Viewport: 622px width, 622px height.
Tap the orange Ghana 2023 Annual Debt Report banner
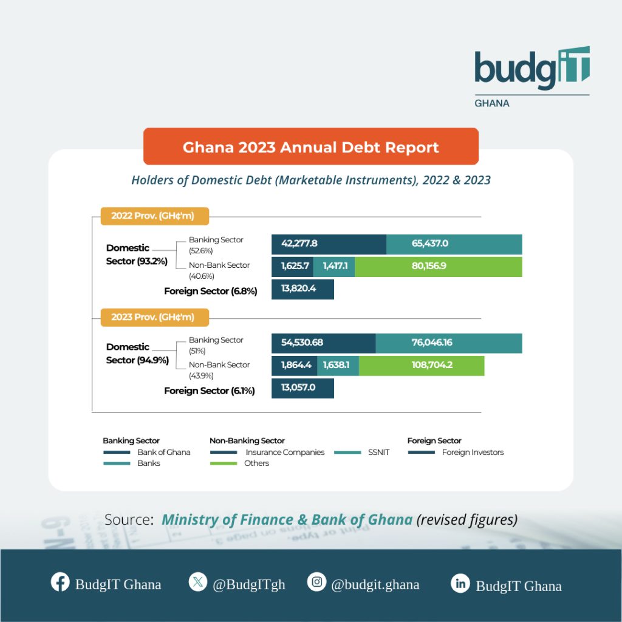click(310, 146)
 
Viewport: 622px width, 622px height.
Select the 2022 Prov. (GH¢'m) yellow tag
click(155, 216)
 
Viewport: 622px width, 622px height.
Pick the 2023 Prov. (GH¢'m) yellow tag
click(155, 317)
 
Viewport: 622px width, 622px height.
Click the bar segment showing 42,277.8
click(329, 244)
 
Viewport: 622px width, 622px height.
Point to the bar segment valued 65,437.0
click(454, 244)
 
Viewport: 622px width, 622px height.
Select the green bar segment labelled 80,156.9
click(439, 267)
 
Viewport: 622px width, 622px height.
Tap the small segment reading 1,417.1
click(334, 267)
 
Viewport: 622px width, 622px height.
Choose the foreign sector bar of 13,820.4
click(302, 289)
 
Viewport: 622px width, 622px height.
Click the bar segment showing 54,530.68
click(324, 343)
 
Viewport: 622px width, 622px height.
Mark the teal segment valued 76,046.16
click(449, 343)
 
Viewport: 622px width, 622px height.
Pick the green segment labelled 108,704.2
click(422, 366)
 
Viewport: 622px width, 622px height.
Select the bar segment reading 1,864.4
click(295, 366)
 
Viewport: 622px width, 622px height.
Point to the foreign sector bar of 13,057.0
click(302, 388)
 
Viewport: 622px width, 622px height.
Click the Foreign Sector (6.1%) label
click(210, 391)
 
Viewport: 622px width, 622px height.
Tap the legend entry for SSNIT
click(362, 452)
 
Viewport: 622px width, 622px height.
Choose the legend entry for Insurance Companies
click(267, 452)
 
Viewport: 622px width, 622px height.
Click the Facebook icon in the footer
click(60, 582)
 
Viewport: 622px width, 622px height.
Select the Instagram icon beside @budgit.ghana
click(316, 582)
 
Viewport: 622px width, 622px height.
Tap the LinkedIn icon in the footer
click(460, 584)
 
